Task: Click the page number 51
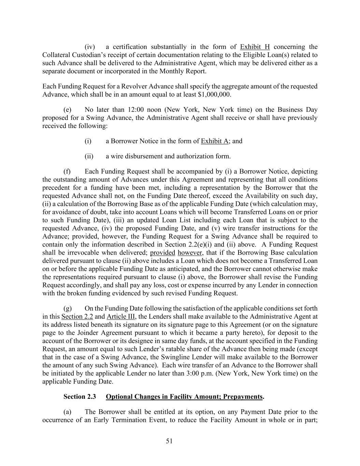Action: (x=169, y=441)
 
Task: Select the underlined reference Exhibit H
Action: (x=255, y=47)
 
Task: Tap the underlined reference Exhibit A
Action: (x=214, y=141)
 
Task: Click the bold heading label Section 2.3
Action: (x=80, y=397)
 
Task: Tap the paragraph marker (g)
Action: (x=68, y=308)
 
